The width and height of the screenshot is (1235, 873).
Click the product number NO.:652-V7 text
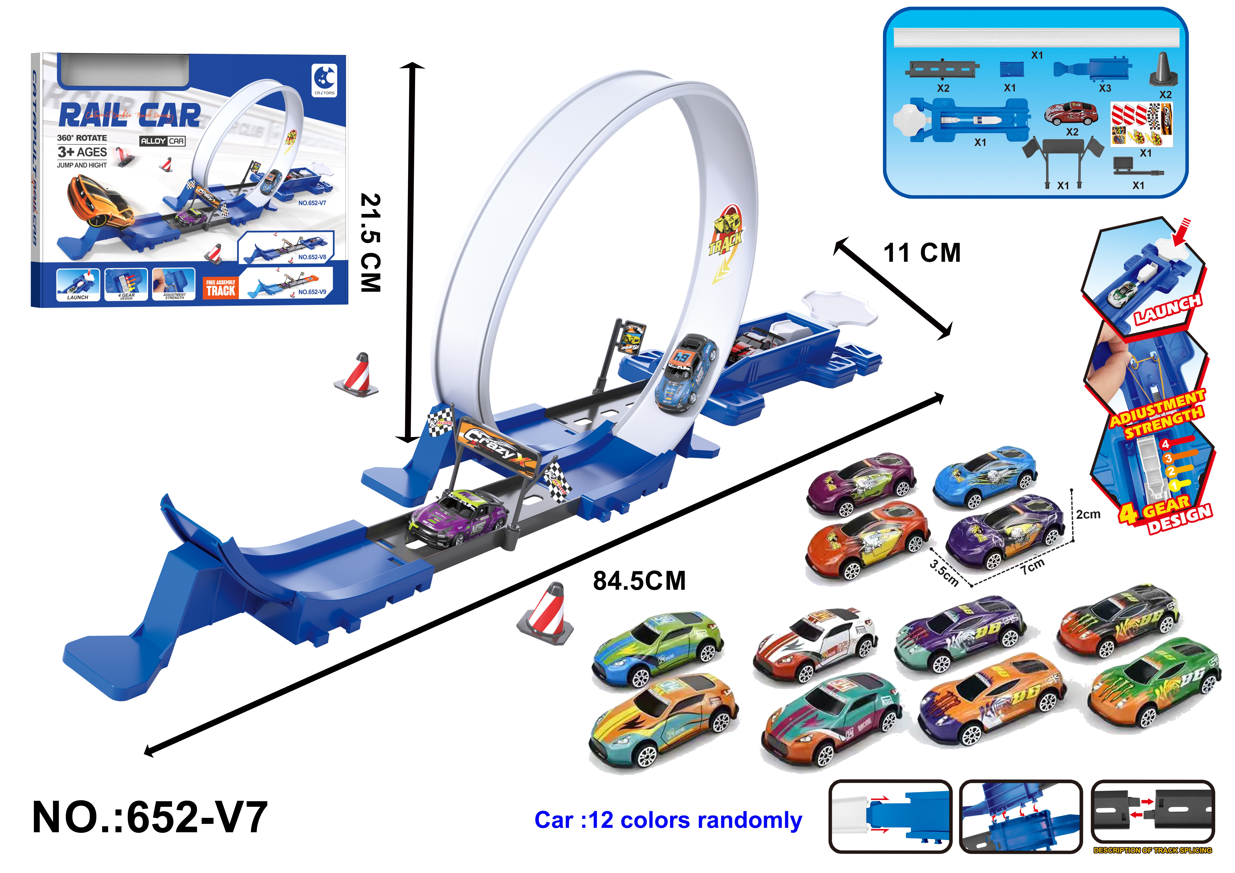[x=150, y=818]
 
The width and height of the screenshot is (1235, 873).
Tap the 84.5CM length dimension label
[x=639, y=581]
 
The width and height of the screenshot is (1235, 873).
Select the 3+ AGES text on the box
[x=82, y=152]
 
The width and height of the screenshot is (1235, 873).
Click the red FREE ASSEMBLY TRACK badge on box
[x=221, y=288]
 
